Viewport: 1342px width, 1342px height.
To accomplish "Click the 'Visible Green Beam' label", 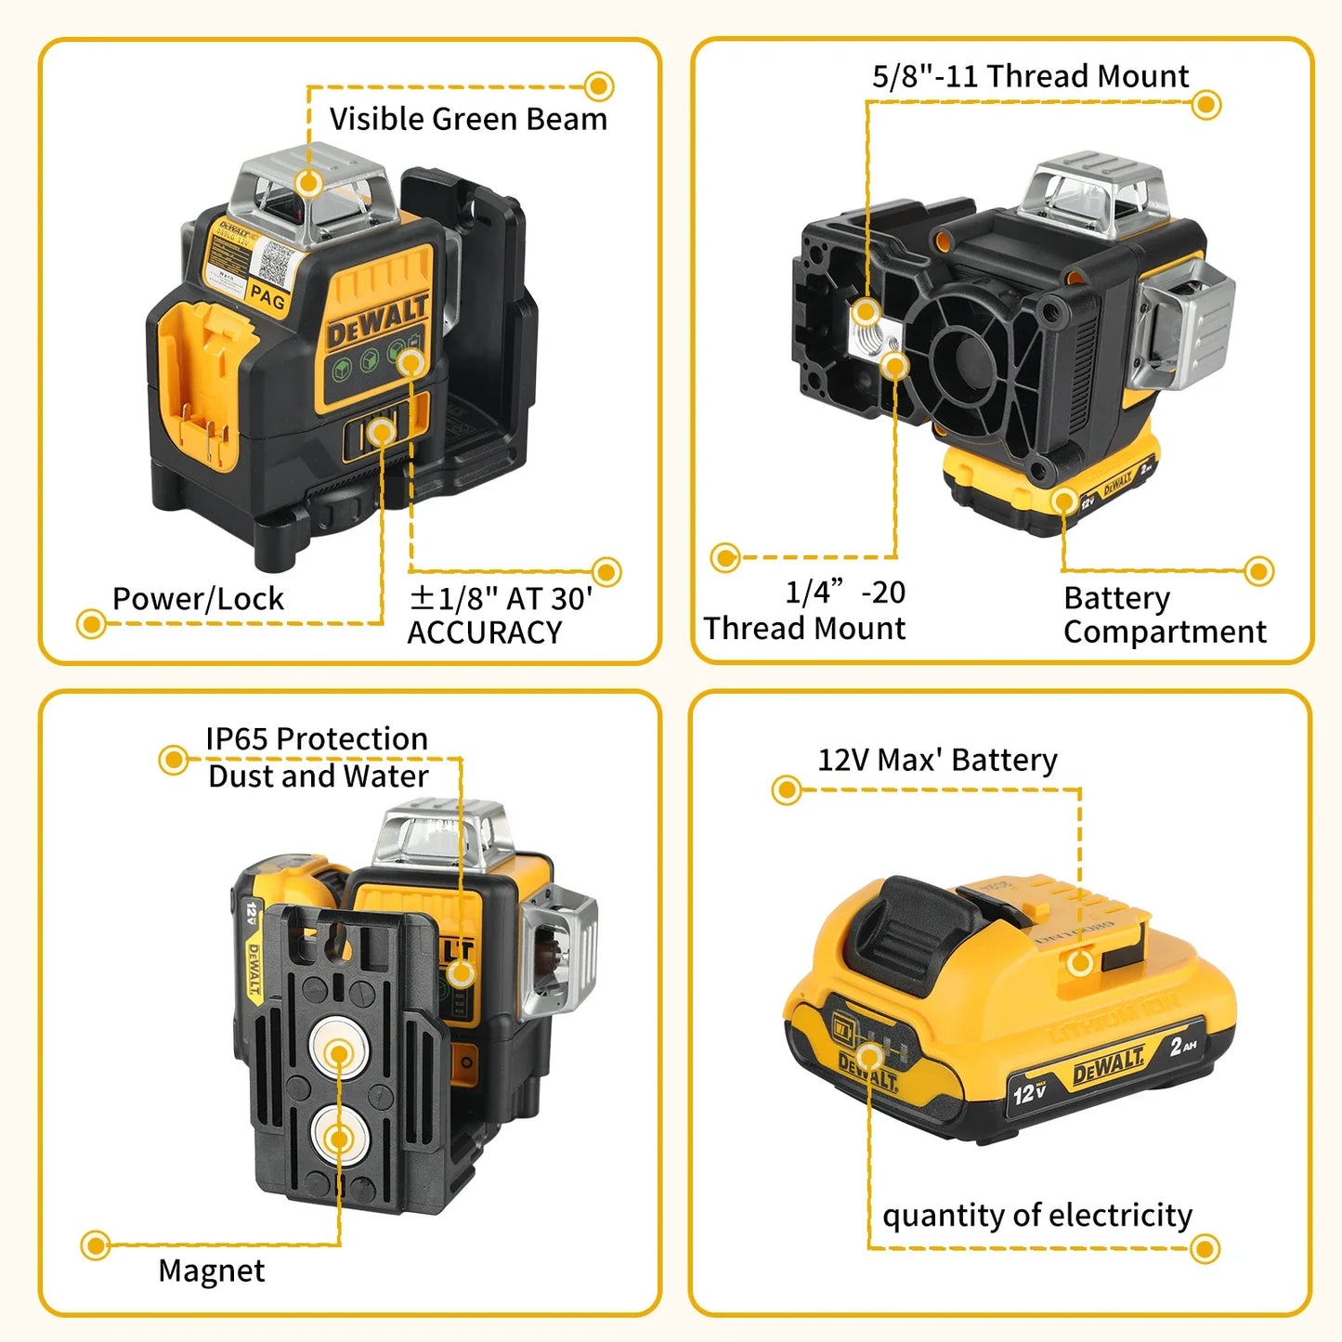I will point(468,120).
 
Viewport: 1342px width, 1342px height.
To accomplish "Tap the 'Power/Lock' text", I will point(198,599).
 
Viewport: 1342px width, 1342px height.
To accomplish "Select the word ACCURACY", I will point(484,633).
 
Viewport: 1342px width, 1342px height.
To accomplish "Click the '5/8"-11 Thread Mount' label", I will point(1030,76).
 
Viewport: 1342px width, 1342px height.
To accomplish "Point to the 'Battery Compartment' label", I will point(1164,615).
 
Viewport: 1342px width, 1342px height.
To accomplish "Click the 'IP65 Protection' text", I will point(317,739).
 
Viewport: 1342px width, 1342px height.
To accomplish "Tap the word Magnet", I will point(211,1270).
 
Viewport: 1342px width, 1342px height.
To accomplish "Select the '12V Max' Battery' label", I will point(937,761).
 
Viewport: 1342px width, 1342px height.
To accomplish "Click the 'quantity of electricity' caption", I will point(1036,1216).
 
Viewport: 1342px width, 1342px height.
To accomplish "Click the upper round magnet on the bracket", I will point(339,1053).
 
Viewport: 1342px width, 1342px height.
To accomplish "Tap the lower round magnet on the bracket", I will point(339,1138).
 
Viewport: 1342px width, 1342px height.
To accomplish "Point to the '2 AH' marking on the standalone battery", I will point(1182,1047).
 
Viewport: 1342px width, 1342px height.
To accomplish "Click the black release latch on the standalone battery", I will point(915,929).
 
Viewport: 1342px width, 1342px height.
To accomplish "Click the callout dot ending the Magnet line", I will point(96,1245).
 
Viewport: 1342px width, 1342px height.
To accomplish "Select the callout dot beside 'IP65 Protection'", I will point(173,760).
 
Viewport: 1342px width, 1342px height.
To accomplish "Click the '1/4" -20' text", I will point(844,593).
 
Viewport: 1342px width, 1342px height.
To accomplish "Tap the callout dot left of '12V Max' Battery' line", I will point(787,790).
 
